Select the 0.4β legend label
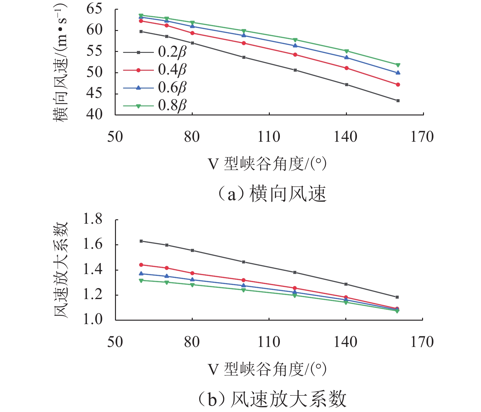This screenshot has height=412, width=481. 172,69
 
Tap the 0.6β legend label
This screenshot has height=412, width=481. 172,88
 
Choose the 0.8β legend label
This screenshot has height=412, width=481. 172,105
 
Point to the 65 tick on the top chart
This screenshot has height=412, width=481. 94,9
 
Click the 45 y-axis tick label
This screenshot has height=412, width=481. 94,94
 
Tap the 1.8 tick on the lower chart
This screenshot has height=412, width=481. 93,219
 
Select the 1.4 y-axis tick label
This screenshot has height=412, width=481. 93,270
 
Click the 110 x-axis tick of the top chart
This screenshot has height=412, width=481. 269,137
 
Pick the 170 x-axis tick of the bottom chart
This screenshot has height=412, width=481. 422,342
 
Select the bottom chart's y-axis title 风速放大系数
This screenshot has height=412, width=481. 60,270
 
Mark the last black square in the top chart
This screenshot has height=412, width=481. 398,101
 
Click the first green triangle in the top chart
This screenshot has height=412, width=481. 141,15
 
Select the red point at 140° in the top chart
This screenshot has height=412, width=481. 347,68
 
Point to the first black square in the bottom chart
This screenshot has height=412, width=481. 141,241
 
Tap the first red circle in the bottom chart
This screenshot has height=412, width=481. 141,265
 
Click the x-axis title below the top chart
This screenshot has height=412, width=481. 267,164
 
